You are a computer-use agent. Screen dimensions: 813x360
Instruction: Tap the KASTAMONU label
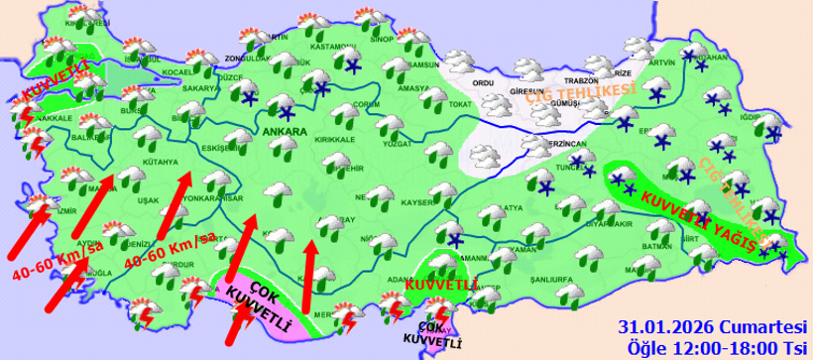tap(331, 47)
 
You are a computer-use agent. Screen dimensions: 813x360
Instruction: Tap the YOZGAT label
tap(396, 145)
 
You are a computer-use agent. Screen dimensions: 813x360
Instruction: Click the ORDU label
tap(483, 83)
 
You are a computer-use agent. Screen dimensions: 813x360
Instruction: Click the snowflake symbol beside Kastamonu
tap(353, 66)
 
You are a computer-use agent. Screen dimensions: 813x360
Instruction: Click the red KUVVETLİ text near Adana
tap(436, 285)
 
